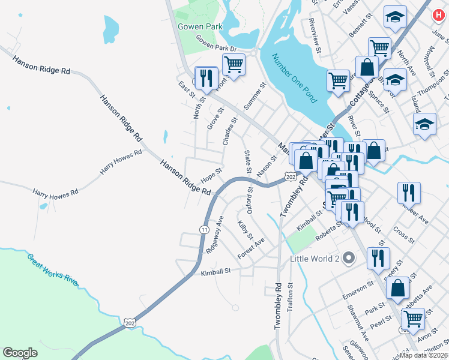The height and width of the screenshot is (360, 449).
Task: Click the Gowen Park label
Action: (x=200, y=26)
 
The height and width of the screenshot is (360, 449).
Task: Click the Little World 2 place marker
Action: (x=354, y=259)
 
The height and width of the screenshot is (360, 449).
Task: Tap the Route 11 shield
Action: (x=204, y=230)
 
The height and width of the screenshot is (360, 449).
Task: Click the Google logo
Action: (x=20, y=353)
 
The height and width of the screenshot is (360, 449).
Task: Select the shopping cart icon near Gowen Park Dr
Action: (x=233, y=64)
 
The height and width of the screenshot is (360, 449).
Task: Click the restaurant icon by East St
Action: (x=206, y=77)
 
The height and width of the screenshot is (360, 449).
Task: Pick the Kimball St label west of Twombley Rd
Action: (x=216, y=271)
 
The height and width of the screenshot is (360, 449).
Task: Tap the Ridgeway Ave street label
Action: (x=214, y=234)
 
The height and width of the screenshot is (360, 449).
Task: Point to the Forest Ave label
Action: (x=251, y=247)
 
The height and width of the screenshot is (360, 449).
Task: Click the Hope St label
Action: (x=211, y=175)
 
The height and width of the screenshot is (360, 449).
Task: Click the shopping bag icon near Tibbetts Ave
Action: (x=398, y=287)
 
